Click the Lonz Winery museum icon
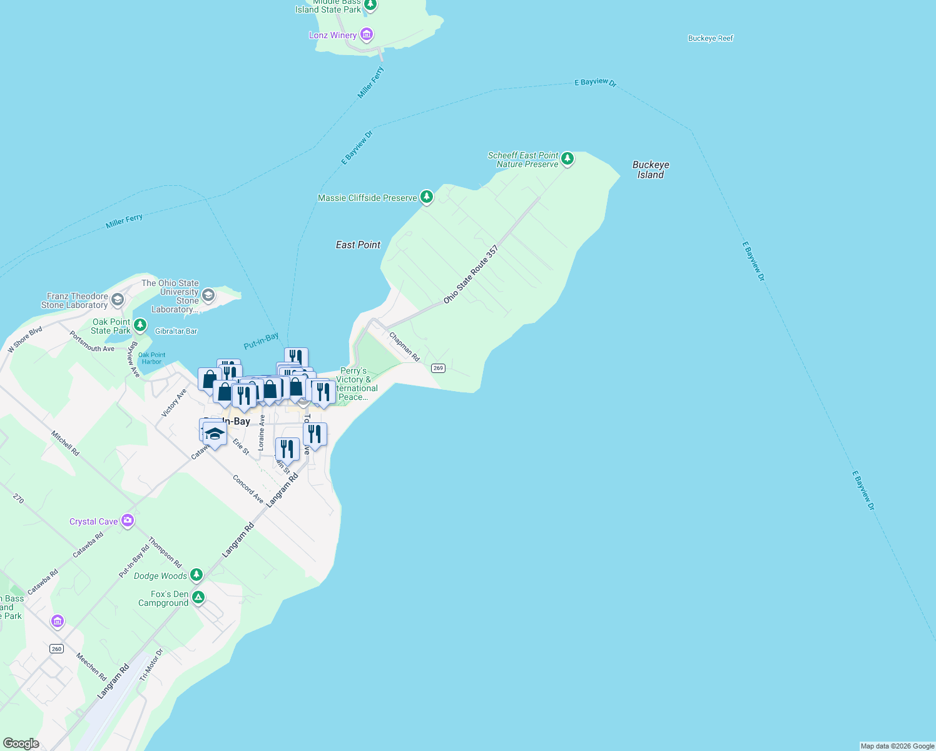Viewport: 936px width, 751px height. pos(367,34)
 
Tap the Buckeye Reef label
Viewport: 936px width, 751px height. pos(710,38)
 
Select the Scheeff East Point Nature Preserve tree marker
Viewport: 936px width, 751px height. pos(567,159)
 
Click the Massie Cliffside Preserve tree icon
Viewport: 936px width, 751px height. pos(427,198)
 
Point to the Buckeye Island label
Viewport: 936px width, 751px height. pos(651,170)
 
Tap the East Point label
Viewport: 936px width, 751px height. pos(358,245)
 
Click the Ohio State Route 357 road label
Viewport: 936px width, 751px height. pos(471,275)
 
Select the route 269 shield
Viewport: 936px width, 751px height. pos(438,368)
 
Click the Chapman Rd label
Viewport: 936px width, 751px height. pos(404,347)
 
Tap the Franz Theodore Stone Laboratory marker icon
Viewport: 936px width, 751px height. pos(117,300)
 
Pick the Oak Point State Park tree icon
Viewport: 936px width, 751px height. pos(140,325)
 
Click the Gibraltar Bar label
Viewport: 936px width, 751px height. pos(176,331)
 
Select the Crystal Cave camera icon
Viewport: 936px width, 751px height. pos(128,521)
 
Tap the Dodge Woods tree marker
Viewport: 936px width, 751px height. pos(196,575)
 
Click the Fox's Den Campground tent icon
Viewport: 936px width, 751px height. pos(198,597)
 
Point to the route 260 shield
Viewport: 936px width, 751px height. pos(56,648)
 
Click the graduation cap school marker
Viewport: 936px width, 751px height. pos(215,434)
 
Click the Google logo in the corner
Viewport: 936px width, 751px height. pos(21,743)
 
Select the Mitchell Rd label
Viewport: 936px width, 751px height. pos(65,443)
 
